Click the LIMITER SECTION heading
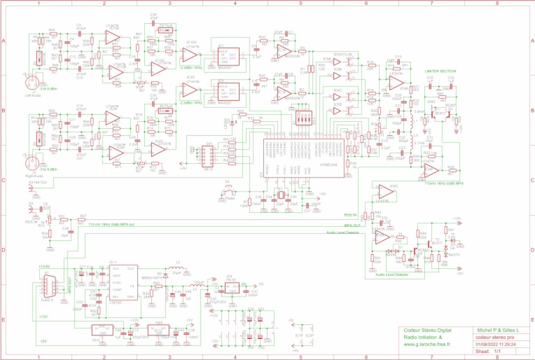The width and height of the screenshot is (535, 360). (x=440, y=71)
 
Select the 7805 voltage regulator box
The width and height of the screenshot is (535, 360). (x=158, y=331)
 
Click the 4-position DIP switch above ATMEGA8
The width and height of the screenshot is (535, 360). (x=304, y=119)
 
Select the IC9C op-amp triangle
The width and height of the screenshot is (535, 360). (x=385, y=190)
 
